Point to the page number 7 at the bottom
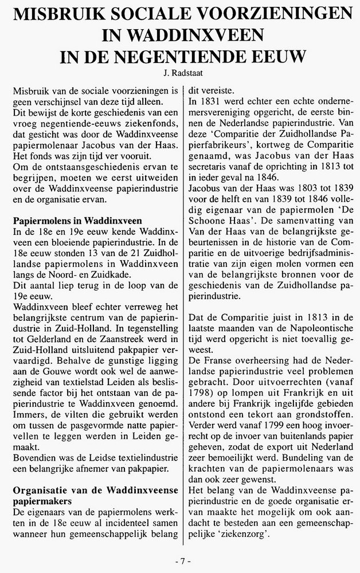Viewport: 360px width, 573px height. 181,559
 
